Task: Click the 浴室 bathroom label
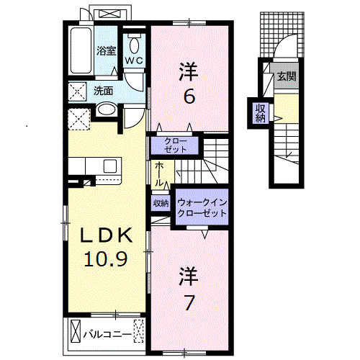pos(107,50)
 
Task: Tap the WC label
pos(135,61)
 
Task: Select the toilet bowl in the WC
pos(135,45)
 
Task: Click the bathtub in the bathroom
pos(81,50)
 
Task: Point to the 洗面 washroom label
pos(103,91)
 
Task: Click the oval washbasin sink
pos(107,109)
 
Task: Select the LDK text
pos(107,235)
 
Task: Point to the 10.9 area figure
pos(106,258)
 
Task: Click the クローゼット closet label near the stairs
pos(176,145)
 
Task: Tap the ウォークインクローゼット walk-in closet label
pos(202,208)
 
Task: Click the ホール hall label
pos(158,174)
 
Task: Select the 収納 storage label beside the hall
pos(161,204)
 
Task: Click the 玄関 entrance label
pos(287,76)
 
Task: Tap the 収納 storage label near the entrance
pos(261,114)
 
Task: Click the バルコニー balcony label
pos(107,334)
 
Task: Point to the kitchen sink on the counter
pos(110,166)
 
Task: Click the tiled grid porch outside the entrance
pos(282,35)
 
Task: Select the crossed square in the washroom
pos(77,91)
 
